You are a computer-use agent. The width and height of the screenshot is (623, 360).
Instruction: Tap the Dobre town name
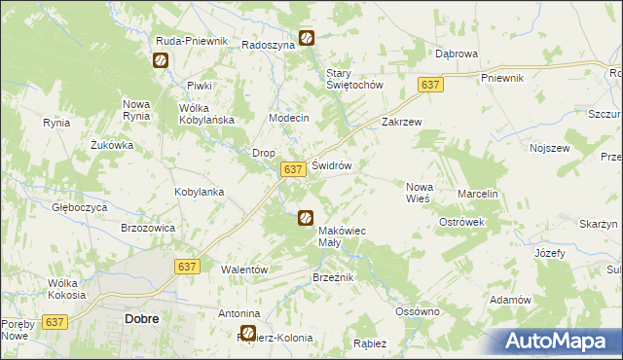click(x=142, y=318)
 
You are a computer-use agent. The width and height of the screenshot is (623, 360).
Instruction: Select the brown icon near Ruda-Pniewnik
click(x=161, y=60)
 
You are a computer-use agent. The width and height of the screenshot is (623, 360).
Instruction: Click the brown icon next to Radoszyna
click(x=307, y=38)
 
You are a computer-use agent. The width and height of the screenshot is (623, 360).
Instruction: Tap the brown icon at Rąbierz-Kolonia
click(x=247, y=333)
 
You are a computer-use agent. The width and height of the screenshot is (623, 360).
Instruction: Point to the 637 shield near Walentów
click(x=189, y=266)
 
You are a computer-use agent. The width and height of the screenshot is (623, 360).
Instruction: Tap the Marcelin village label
click(x=478, y=194)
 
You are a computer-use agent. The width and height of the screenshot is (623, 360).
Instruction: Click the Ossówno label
click(x=418, y=311)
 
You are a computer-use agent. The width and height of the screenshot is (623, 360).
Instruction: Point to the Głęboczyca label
click(x=80, y=207)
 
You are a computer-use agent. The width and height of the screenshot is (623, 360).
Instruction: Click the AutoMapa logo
click(x=558, y=341)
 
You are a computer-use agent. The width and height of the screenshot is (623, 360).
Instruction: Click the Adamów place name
click(x=510, y=300)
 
